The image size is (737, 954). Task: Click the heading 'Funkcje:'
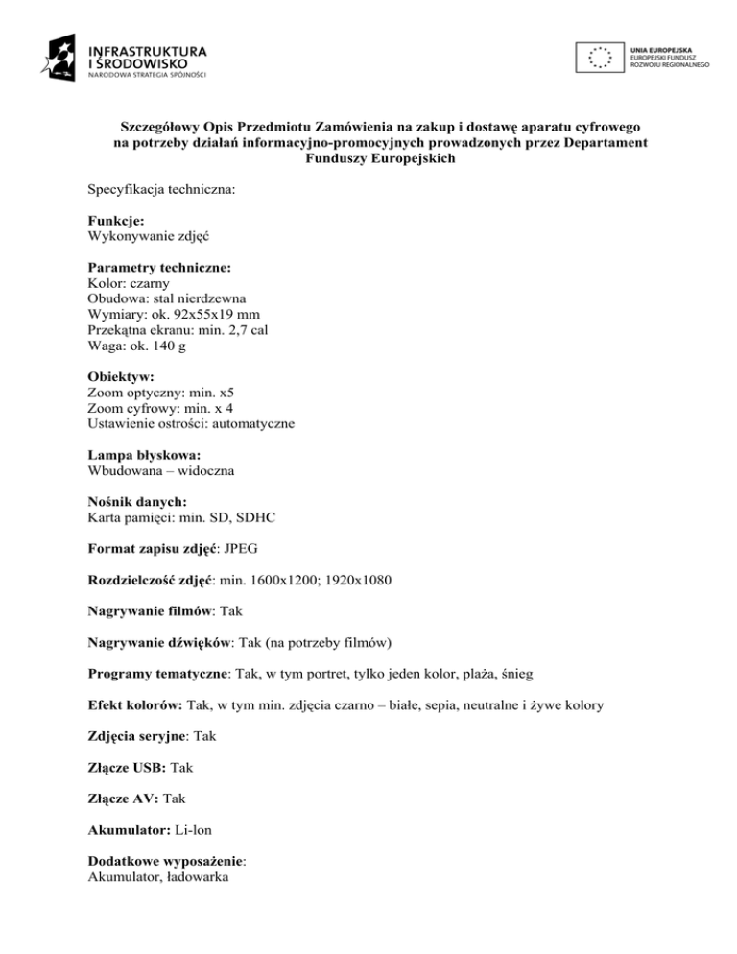point(116,221)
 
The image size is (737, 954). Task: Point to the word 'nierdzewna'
point(210,298)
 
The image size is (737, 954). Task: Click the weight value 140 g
point(169,347)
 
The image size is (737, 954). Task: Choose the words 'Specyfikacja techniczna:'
point(161,191)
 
